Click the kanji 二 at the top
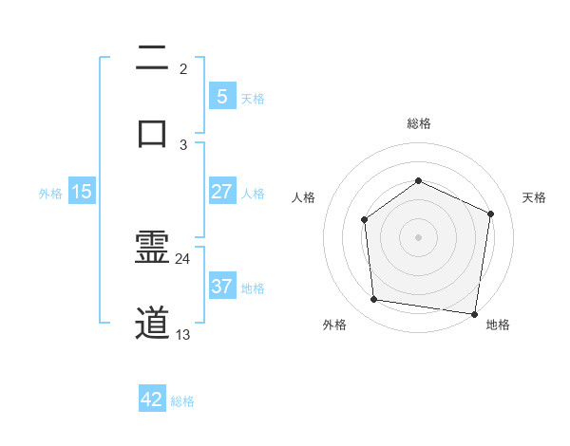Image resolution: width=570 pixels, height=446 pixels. point(152,58)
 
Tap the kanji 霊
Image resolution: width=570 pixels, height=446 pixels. point(152,249)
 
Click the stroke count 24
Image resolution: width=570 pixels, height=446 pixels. point(183,259)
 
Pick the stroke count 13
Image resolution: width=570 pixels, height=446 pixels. point(183,334)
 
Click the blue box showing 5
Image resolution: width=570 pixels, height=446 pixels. point(221,97)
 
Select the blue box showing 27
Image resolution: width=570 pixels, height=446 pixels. point(221,192)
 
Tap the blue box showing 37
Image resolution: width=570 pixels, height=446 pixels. point(221,287)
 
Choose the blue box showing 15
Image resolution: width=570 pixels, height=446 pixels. point(82,192)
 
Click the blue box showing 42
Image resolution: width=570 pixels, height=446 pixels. point(152,400)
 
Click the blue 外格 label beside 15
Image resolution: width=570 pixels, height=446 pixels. point(50,193)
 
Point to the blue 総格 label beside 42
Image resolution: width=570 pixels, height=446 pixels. point(182,401)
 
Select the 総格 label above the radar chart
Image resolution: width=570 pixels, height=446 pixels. point(418,123)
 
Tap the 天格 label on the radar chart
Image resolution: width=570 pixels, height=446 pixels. point(535,197)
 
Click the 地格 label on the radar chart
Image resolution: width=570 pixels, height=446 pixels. point(498,325)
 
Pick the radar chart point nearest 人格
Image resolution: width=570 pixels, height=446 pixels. point(364,220)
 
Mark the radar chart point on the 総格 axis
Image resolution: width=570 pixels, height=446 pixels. point(418,180)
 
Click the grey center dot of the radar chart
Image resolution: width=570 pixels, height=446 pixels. point(418,237)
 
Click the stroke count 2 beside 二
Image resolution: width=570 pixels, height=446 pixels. point(183,69)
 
